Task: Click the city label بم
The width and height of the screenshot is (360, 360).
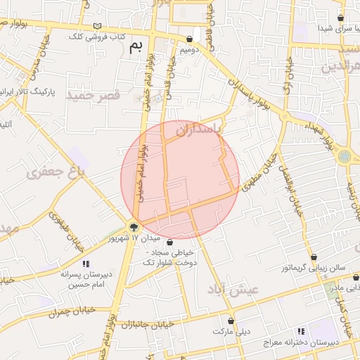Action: (x=136, y=46)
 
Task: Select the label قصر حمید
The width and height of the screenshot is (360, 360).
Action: (x=94, y=94)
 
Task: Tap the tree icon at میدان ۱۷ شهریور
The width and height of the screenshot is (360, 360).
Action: (x=134, y=226)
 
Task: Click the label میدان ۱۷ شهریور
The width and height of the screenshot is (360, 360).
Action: (x=127, y=239)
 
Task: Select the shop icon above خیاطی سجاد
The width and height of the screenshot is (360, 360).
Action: (x=169, y=243)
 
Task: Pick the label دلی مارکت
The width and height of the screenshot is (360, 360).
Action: (x=233, y=330)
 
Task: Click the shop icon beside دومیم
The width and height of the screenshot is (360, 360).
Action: (x=189, y=39)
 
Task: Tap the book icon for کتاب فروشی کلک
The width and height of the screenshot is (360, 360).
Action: (x=96, y=26)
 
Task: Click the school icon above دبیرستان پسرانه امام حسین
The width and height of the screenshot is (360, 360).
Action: (x=86, y=264)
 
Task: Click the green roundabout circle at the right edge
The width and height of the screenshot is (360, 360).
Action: (x=344, y=156)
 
